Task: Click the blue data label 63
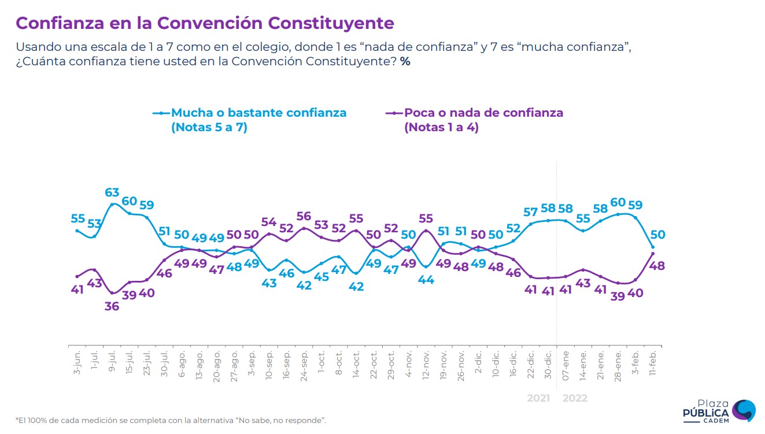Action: (112, 192)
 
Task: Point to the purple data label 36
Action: (112, 306)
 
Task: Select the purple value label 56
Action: (304, 216)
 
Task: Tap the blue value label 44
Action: (426, 280)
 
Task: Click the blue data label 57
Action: (530, 212)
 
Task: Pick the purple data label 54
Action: (269, 221)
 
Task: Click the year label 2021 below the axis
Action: (539, 398)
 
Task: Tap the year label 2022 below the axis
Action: (575, 398)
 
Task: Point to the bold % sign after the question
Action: (405, 61)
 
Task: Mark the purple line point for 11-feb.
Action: (653, 253)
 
